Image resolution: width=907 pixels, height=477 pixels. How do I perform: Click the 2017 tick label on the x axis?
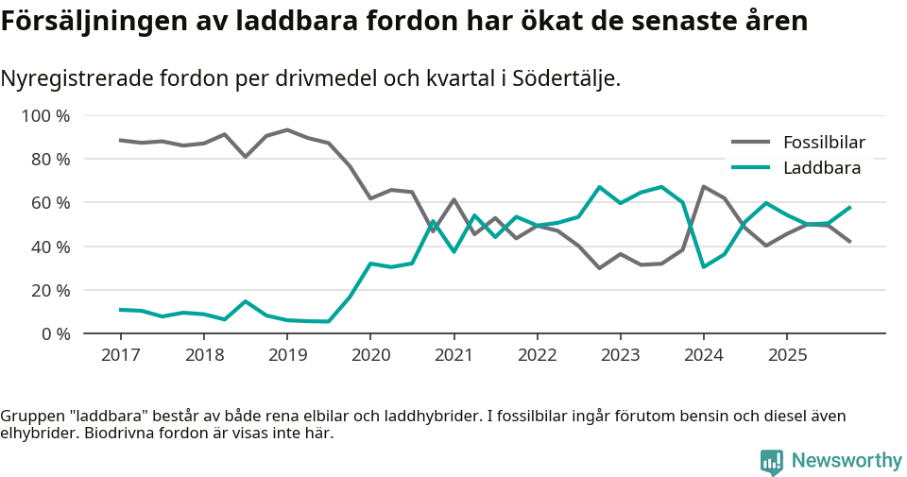pyautogui.click(x=121, y=355)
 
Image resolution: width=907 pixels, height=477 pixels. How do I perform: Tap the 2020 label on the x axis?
pyautogui.click(x=369, y=355)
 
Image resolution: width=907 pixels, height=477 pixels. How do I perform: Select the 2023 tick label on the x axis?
pyautogui.click(x=620, y=355)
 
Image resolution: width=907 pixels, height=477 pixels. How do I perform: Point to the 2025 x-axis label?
pyautogui.click(x=786, y=355)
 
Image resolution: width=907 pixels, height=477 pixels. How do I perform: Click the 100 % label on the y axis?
pyautogui.click(x=45, y=116)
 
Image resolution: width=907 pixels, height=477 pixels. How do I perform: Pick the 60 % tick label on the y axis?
pyautogui.click(x=49, y=203)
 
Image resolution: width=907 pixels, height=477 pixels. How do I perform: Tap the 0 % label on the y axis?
pyautogui.click(x=54, y=333)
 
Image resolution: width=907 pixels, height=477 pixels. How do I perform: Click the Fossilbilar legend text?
pyautogui.click(x=824, y=144)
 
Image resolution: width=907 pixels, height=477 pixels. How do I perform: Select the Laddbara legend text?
pyautogui.click(x=821, y=168)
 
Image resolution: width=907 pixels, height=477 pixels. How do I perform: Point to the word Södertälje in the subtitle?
pyautogui.click(x=564, y=78)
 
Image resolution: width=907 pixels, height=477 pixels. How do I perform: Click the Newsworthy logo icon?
pyautogui.click(x=772, y=461)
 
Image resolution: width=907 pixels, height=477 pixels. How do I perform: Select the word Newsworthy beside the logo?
pyautogui.click(x=847, y=461)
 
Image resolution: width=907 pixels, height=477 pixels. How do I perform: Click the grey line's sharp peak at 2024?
pyautogui.click(x=703, y=187)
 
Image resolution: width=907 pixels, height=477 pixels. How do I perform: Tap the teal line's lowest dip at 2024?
pyautogui.click(x=703, y=266)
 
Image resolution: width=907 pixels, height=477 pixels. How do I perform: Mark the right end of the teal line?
pyautogui.click(x=850, y=207)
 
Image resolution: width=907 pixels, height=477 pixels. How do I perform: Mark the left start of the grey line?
pyautogui.click(x=121, y=140)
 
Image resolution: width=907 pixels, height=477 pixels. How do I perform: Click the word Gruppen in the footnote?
pyautogui.click(x=31, y=417)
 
